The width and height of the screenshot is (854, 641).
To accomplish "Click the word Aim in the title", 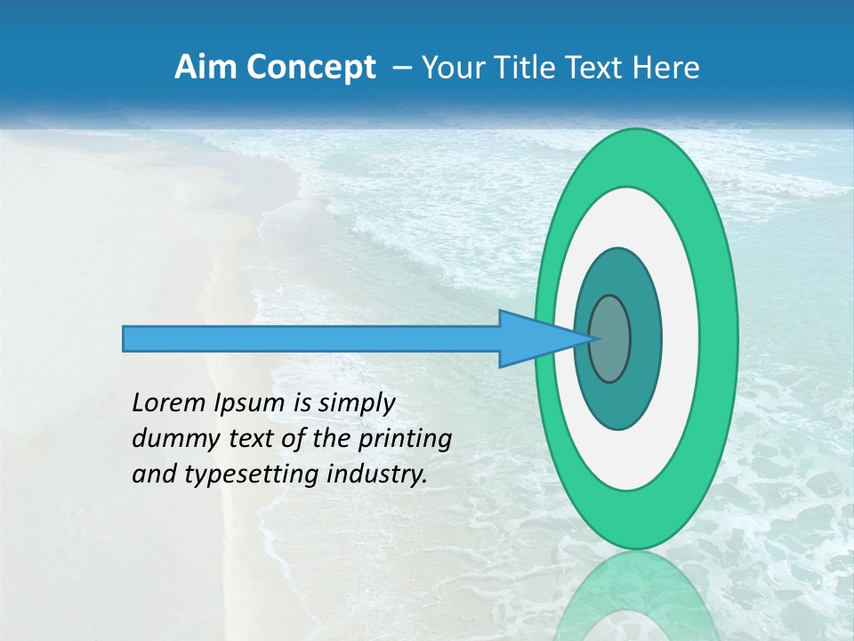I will pyautogui.click(x=198, y=68).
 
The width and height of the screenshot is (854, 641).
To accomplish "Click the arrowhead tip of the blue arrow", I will pyautogui.click(x=594, y=338).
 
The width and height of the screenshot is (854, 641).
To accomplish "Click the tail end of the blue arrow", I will pyautogui.click(x=125, y=338).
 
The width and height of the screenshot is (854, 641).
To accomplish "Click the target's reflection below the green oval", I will pyautogui.click(x=636, y=596).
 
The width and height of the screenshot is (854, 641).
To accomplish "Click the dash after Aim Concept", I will pyautogui.click(x=401, y=68).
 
